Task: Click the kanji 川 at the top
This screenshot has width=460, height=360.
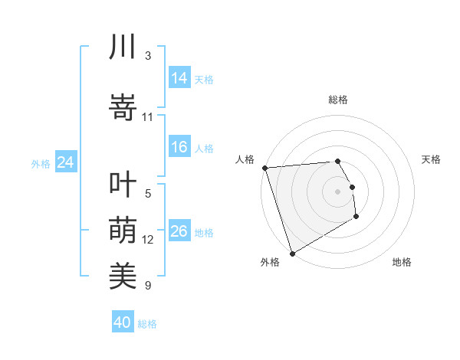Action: coord(123,47)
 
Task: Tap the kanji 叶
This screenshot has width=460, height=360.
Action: coord(123,187)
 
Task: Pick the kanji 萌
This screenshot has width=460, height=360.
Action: coord(123,230)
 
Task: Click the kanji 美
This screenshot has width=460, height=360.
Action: coord(123,273)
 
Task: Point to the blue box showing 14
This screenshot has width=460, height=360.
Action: coord(179,78)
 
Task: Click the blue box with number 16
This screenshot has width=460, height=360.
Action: coord(179,147)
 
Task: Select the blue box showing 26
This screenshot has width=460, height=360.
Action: coord(179,231)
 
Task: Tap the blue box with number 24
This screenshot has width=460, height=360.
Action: coord(65,162)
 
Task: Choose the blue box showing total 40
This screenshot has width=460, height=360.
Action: coord(123,322)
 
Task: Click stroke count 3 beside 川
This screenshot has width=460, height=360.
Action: coord(148,56)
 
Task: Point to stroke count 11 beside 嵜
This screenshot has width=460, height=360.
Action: coord(148,117)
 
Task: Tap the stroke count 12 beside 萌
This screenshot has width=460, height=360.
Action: coord(148,240)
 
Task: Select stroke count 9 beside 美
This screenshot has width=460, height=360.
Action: coord(148,286)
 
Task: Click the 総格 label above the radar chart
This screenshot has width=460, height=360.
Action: coord(338,100)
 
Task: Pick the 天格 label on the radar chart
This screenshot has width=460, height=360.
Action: coord(431,159)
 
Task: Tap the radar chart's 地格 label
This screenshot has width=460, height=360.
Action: coord(402,262)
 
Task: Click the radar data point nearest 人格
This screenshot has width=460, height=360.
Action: coord(264,168)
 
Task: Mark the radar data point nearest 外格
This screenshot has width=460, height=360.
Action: coord(291,253)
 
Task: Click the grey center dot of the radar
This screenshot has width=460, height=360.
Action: coord(338,191)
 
